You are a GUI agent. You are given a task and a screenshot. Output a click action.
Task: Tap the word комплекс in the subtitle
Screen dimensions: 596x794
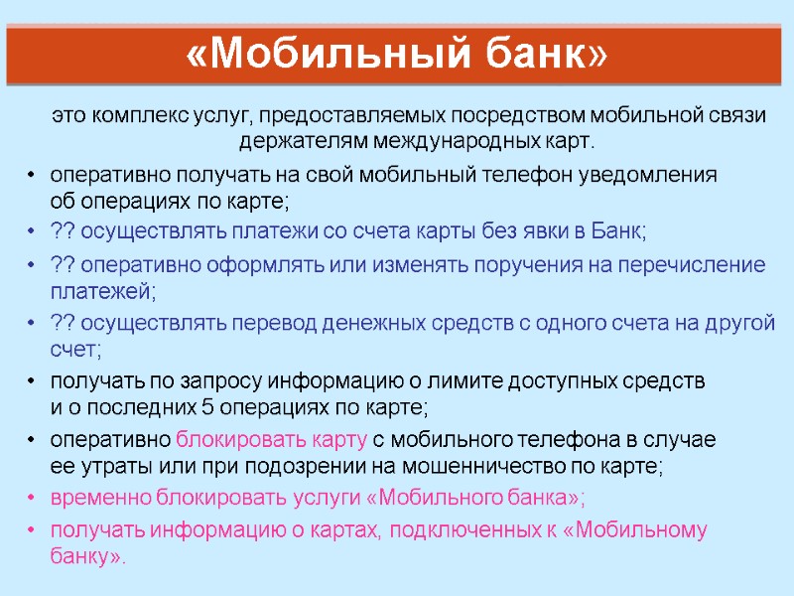click(134, 115)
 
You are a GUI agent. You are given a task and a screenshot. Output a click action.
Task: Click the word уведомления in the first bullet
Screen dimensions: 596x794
click(657, 176)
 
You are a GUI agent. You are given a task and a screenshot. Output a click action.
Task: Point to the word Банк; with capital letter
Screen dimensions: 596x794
click(617, 231)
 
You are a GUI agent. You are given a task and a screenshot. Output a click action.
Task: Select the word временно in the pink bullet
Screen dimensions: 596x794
click(100, 498)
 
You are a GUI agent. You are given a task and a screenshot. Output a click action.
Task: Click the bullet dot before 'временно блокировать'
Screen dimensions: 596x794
click(33, 498)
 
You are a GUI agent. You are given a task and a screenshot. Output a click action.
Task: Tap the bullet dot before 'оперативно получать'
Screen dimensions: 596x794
click(33, 176)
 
